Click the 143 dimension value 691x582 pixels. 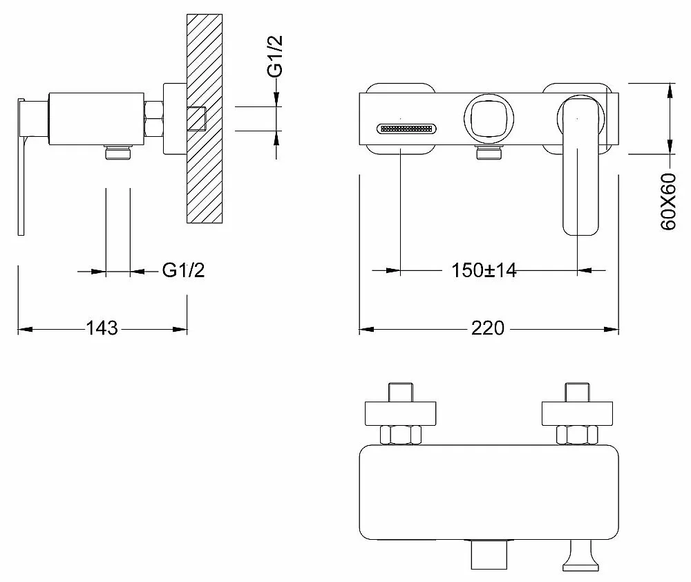tap(102, 328)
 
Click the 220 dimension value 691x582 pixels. tap(487, 328)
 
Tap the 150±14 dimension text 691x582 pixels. tap(484, 270)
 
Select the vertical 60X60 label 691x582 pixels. tap(668, 201)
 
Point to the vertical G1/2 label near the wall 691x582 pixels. tap(275, 56)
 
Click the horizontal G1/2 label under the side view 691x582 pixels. tap(183, 270)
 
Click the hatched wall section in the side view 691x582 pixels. tap(205, 118)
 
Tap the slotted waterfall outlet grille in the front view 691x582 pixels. tap(406, 129)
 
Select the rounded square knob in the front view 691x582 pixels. tap(489, 118)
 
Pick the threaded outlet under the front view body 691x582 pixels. tap(489, 153)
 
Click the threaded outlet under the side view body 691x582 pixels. tap(118, 153)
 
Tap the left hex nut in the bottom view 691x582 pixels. tap(401, 435)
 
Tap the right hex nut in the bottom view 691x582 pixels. tap(577, 435)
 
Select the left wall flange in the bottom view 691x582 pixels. tap(401, 413)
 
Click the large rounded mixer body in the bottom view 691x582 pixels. tap(489, 492)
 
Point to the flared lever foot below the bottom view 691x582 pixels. tap(581, 556)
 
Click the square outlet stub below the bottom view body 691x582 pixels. tap(489, 554)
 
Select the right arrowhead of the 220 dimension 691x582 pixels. tap(612, 329)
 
